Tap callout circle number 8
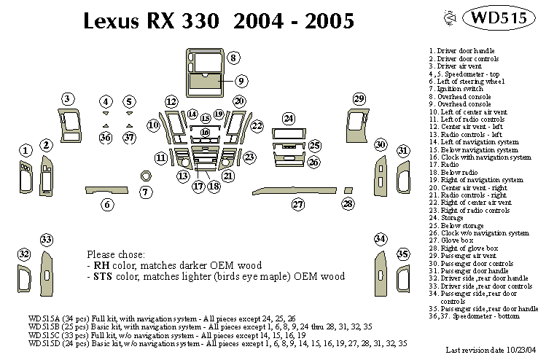click(x=233, y=58)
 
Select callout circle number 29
click(x=359, y=99)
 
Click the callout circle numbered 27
click(x=297, y=205)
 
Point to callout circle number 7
click(x=146, y=192)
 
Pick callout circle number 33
click(x=47, y=240)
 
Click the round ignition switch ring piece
click(x=146, y=176)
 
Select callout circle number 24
click(x=289, y=119)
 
